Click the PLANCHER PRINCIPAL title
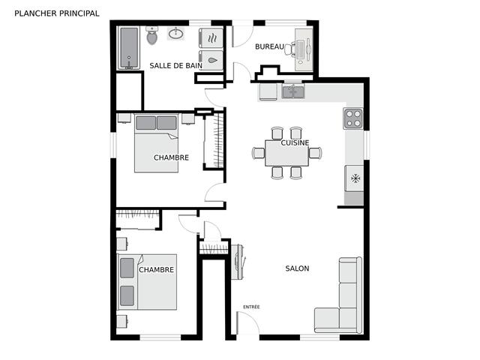(56, 13)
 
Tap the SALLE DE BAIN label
(175, 65)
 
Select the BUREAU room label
(269, 46)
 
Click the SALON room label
(297, 268)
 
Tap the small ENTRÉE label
(251, 307)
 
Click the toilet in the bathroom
(152, 34)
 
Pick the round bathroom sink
(178, 34)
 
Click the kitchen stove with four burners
(353, 118)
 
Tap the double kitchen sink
(293, 92)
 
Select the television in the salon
(239, 261)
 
